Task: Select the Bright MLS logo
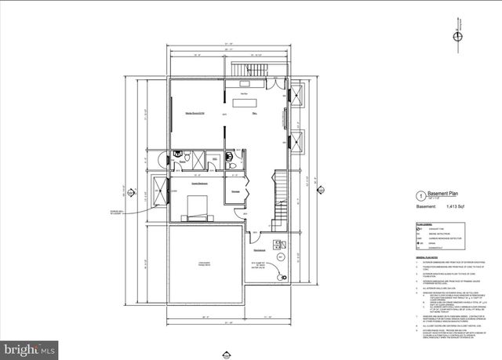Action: (x=28, y=346)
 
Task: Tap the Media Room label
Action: (x=195, y=114)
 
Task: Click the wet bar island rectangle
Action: (x=239, y=102)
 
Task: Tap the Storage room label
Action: (x=235, y=191)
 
